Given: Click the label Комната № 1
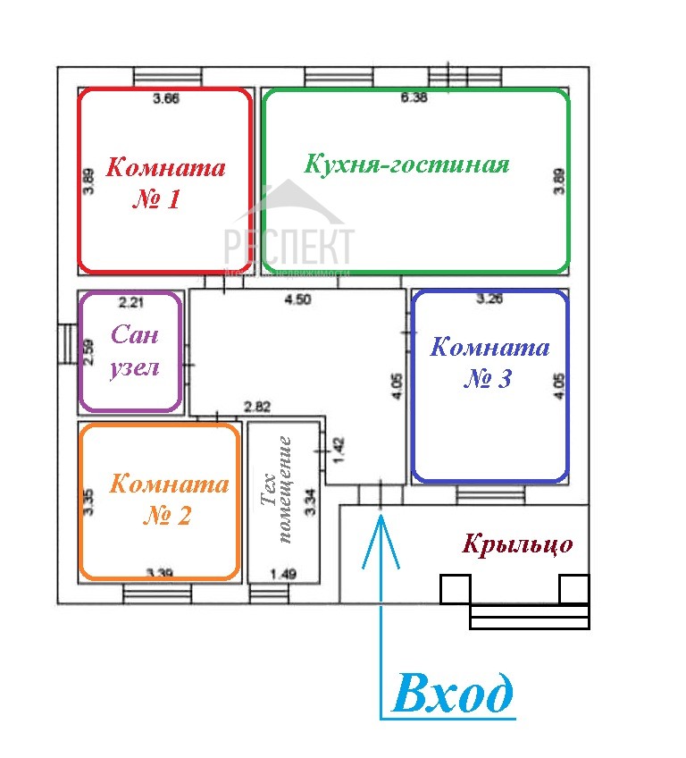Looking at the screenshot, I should click(x=165, y=182).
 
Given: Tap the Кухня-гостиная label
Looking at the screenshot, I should click(x=406, y=164).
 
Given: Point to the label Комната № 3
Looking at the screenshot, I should click(x=489, y=362).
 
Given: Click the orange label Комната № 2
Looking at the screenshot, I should click(x=169, y=500).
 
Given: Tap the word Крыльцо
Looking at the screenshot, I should click(x=517, y=544).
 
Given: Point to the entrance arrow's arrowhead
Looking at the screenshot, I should click(x=381, y=526).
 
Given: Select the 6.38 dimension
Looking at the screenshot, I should click(x=414, y=98).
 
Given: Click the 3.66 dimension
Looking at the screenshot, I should click(x=166, y=99).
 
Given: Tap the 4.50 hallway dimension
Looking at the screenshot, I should click(x=297, y=300).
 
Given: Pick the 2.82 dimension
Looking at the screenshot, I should click(x=258, y=408).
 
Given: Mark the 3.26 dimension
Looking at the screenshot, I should click(x=489, y=299).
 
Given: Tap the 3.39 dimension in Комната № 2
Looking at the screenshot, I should click(x=162, y=572).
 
